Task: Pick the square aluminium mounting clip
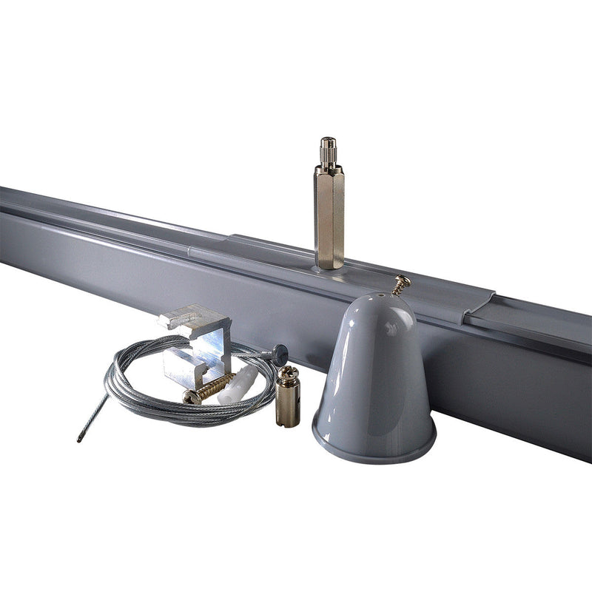point(197,349)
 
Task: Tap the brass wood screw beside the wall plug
point(210,388)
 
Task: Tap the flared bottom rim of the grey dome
point(374,448)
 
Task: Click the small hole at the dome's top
point(380,301)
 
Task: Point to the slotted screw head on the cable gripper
point(288,373)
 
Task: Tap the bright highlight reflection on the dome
point(391,326)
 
